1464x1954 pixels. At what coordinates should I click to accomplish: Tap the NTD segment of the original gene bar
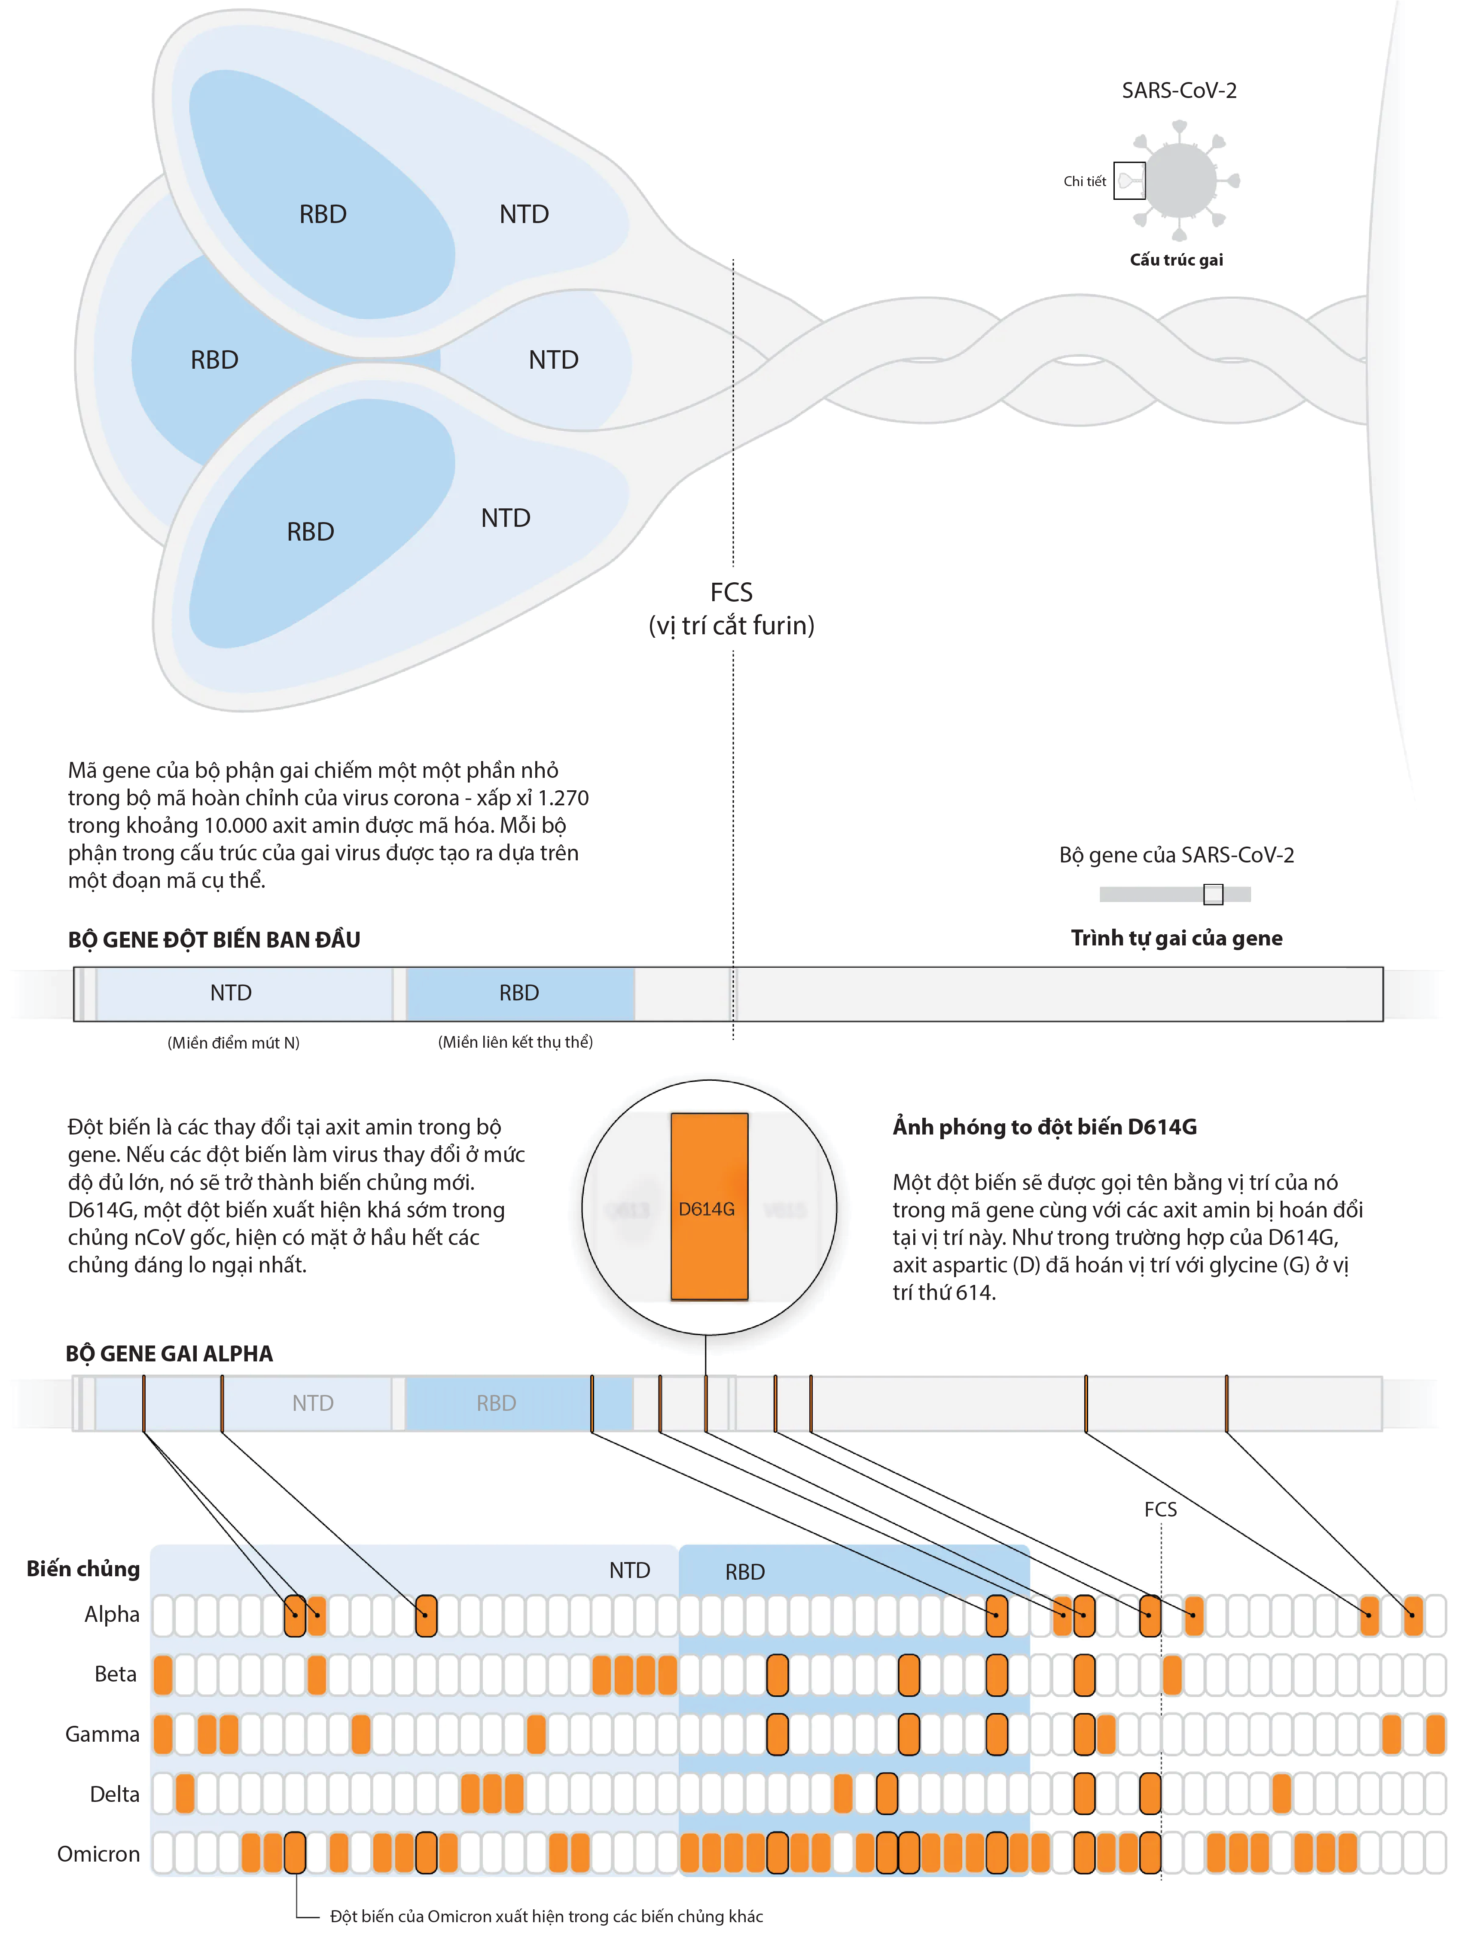232,993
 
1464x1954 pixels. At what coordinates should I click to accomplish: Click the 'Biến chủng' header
83,1569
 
